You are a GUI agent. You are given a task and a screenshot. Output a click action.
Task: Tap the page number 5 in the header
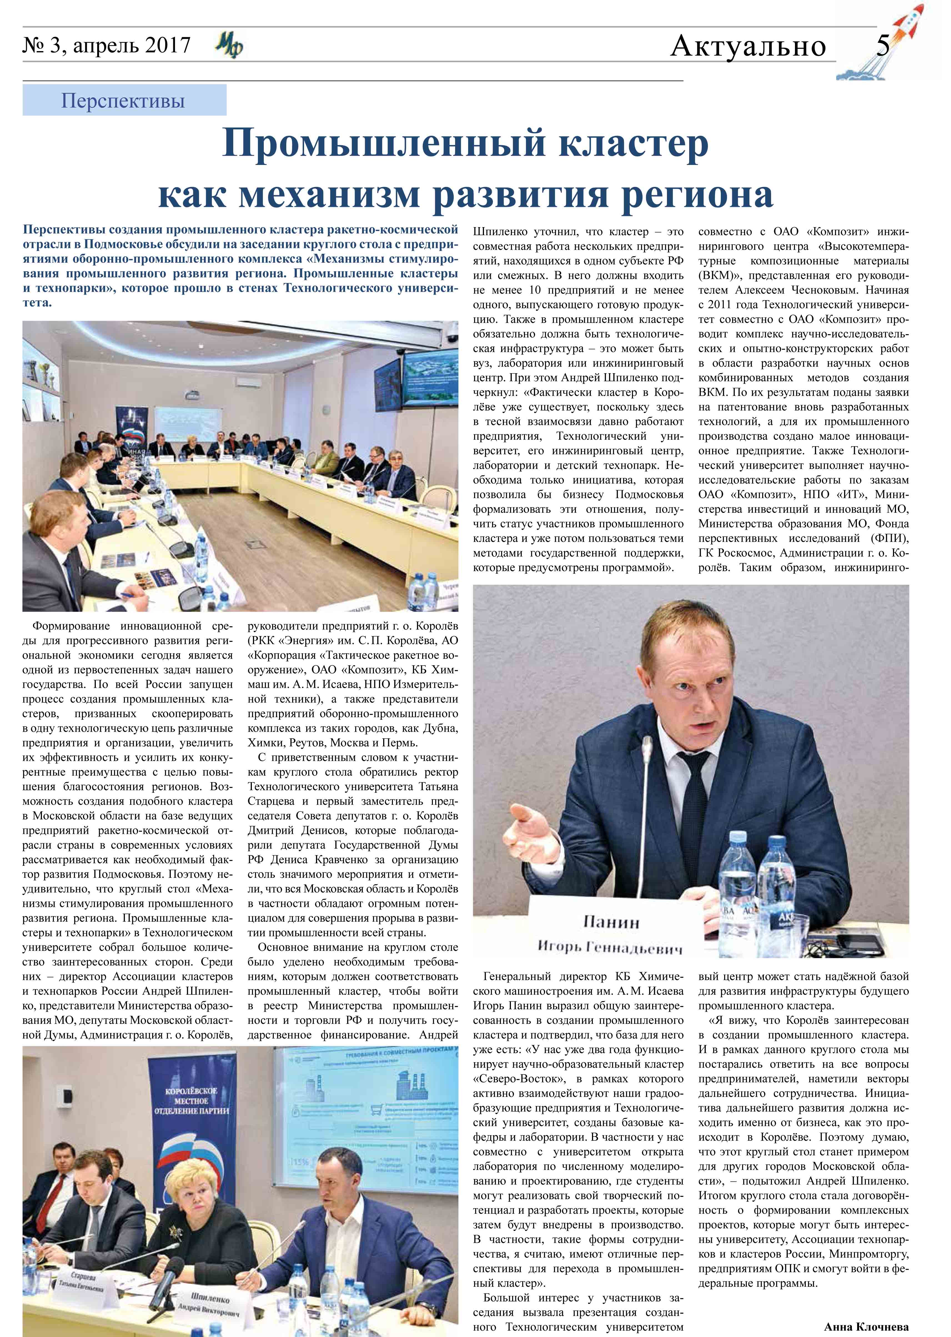883,45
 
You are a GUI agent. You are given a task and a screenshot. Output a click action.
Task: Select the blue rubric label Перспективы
123,101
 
